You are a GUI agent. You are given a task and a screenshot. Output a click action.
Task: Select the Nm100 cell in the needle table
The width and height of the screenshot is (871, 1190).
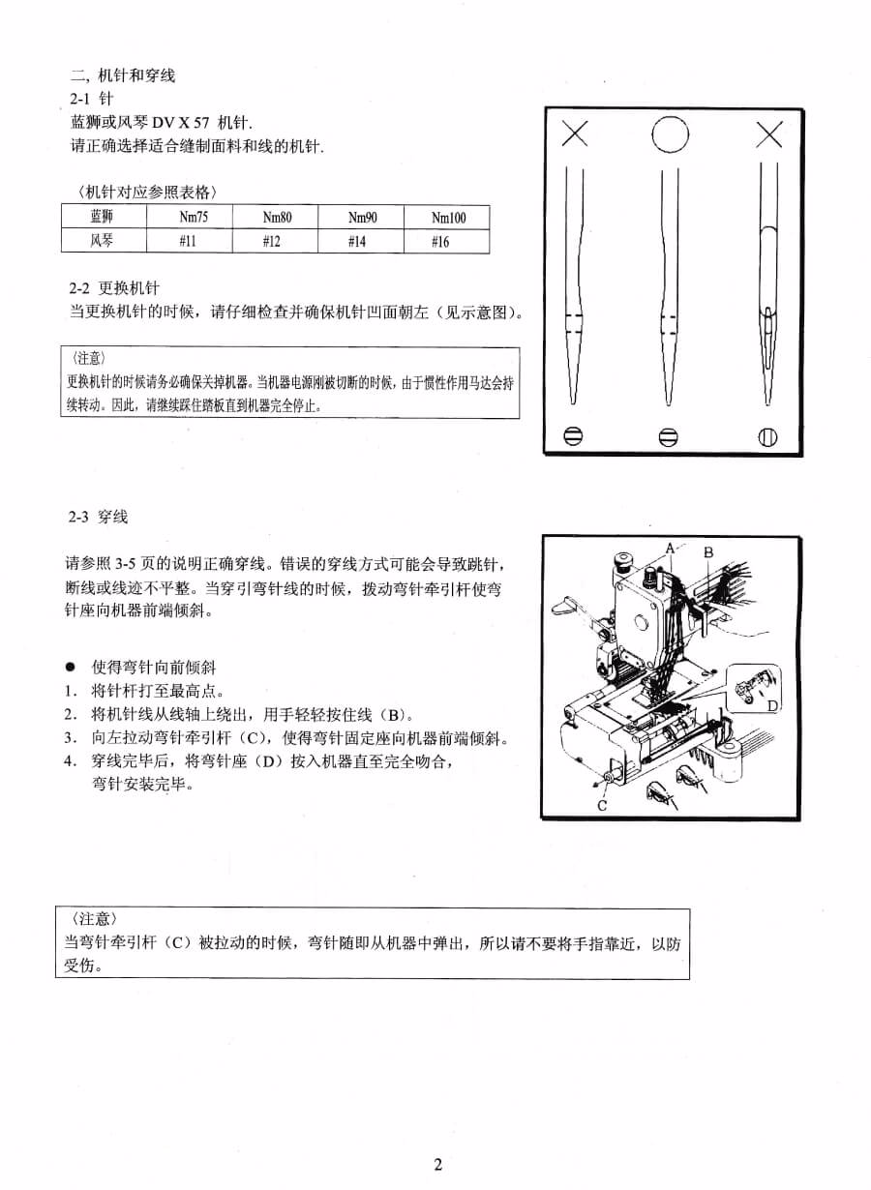click(448, 218)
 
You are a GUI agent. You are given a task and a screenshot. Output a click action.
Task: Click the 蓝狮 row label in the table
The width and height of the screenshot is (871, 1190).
click(102, 217)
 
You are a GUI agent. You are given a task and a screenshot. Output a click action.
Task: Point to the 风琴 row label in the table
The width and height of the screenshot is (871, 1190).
click(102, 240)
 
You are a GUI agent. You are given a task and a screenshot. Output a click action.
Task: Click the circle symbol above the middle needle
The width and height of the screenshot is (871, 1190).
click(670, 134)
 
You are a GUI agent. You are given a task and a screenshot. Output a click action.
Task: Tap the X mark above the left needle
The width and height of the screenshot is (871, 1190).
click(574, 134)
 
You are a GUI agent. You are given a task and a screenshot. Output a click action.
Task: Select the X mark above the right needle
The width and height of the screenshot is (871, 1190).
click(769, 134)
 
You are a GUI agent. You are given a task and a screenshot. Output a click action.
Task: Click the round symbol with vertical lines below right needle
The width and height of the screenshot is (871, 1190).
click(768, 436)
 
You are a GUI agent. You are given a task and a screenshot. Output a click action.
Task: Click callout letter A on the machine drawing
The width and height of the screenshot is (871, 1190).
click(670, 548)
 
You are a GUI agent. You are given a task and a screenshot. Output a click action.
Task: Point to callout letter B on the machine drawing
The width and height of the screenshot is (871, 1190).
click(708, 552)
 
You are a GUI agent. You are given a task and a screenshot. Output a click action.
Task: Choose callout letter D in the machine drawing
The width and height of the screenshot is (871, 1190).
click(772, 706)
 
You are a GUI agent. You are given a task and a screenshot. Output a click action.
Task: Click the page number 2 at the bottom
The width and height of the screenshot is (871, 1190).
click(437, 1164)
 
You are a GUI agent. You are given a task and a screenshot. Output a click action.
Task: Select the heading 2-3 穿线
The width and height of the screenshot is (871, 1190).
click(98, 518)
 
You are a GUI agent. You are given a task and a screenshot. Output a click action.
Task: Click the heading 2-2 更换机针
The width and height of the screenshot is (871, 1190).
click(114, 288)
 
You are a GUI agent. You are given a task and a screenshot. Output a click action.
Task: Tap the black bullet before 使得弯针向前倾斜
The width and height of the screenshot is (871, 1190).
click(70, 668)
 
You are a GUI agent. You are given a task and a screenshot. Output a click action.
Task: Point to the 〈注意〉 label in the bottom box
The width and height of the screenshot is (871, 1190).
click(95, 918)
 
